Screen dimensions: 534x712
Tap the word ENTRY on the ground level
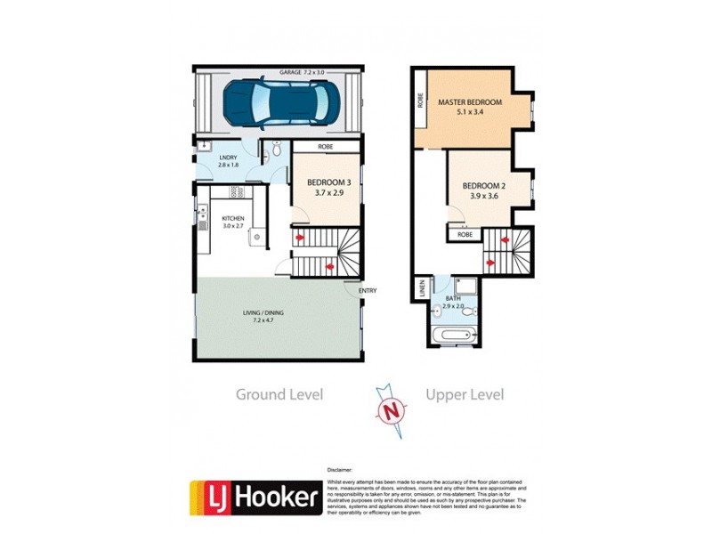(x=368, y=290)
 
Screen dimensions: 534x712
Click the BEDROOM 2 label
(x=483, y=190)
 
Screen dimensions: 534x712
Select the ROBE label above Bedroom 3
(x=326, y=146)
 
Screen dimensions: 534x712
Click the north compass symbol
(x=389, y=410)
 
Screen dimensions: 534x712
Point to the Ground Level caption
(x=279, y=394)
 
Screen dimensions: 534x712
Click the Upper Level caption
(x=465, y=394)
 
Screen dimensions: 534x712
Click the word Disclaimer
(x=341, y=469)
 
